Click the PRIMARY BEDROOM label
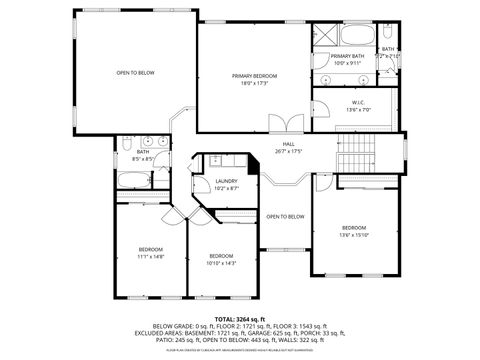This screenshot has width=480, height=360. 255,76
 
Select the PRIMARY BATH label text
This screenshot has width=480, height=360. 348,56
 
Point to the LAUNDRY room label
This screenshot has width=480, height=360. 227,181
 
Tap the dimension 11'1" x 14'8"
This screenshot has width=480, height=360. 150,256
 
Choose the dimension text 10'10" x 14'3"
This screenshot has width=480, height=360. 222,263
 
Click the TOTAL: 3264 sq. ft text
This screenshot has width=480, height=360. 239,318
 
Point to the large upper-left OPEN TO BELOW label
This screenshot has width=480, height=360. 135,73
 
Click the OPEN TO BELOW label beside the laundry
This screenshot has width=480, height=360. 285,216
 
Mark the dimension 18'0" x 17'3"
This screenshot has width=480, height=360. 255,83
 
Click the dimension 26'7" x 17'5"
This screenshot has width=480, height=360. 288,152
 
